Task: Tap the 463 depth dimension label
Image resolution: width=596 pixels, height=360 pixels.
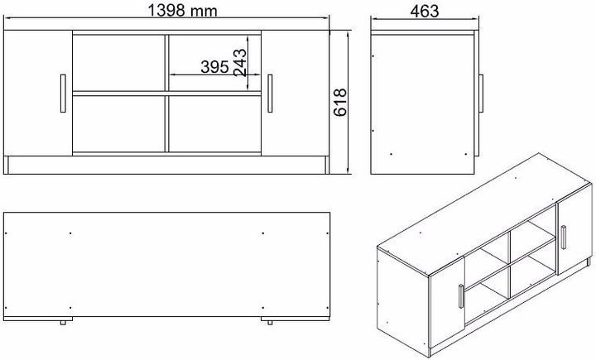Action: tap(423, 11)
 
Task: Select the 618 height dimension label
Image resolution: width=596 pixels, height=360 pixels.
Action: tap(340, 102)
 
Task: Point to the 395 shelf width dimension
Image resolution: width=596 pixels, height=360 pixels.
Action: tap(214, 67)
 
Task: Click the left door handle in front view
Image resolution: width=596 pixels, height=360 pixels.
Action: tap(62, 92)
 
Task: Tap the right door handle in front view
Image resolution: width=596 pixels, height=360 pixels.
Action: tap(270, 92)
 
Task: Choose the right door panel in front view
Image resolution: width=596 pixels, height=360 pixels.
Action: tap(294, 93)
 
